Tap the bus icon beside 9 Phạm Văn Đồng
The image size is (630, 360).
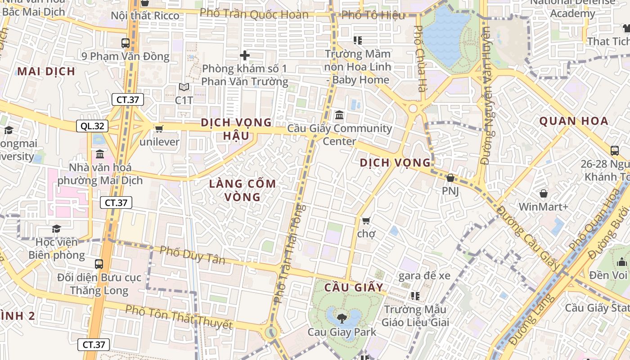click(x=126, y=43)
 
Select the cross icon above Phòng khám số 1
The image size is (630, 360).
click(x=245, y=55)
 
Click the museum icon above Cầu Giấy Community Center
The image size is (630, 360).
click(x=339, y=115)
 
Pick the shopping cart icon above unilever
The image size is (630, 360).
click(x=159, y=129)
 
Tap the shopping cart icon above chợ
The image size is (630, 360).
click(x=366, y=220)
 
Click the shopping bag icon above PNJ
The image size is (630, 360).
click(x=450, y=178)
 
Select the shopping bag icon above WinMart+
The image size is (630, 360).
click(x=544, y=194)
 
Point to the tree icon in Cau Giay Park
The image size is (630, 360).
click(x=342, y=318)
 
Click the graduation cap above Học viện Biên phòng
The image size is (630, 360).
click(x=56, y=229)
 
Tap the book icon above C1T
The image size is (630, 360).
click(x=184, y=87)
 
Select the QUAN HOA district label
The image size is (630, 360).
click(x=574, y=121)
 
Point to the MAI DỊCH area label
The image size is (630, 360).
click(x=46, y=71)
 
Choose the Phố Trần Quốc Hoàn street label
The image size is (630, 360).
click(x=254, y=14)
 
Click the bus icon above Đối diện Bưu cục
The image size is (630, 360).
click(x=99, y=264)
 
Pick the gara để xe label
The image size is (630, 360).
click(x=424, y=275)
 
